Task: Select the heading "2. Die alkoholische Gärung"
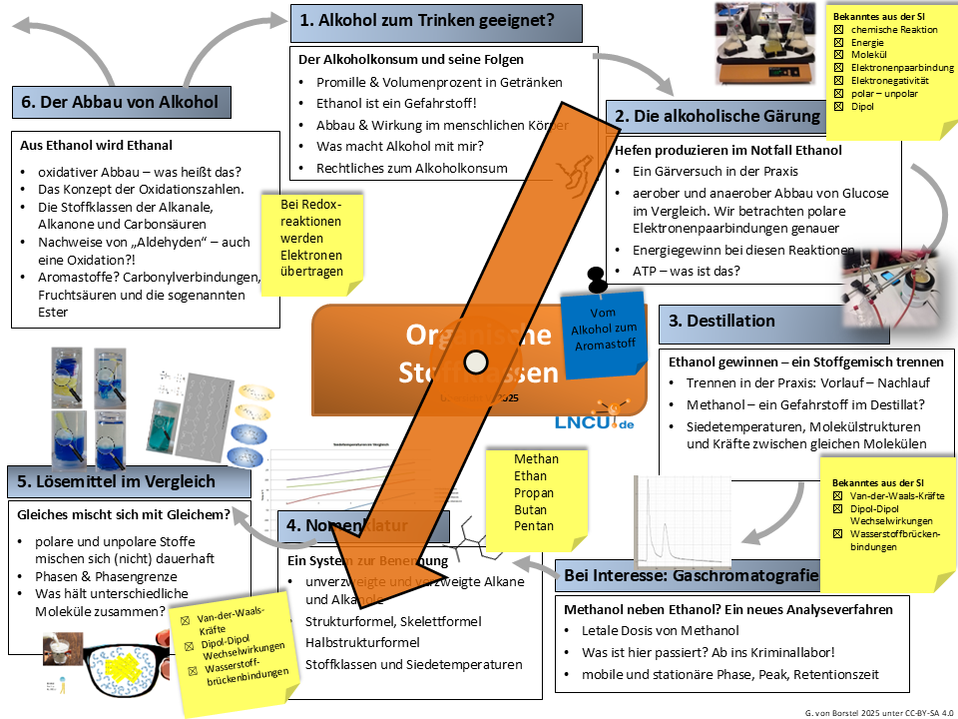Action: tap(717, 117)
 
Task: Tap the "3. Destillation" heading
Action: tap(721, 321)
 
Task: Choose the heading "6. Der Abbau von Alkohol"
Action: tap(119, 101)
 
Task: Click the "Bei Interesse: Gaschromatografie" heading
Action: tap(692, 575)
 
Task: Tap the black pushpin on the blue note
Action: tap(597, 278)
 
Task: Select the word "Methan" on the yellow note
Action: tap(536, 458)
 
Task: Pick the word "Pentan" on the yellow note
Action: tap(534, 526)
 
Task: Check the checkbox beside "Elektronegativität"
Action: tap(839, 80)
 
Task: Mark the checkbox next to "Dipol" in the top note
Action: tap(839, 106)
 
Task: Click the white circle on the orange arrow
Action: tap(476, 360)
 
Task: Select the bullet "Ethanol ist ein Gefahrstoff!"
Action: tap(397, 103)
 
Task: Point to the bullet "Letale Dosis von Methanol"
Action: tap(660, 630)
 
